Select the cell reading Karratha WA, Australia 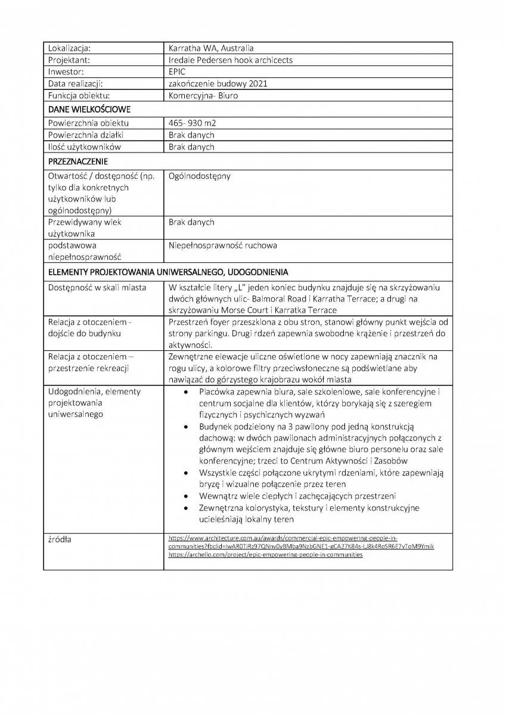[x=212, y=48]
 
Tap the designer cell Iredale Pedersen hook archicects [x=231, y=60]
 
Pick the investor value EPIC [x=177, y=71]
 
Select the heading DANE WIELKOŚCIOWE [x=89, y=110]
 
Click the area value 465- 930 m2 [x=193, y=123]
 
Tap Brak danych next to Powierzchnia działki [x=191, y=135]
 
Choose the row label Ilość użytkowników [x=85, y=147]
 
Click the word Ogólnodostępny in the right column [x=200, y=176]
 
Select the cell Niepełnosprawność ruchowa [x=223, y=245]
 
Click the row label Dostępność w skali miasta [x=97, y=288]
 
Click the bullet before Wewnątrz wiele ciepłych [x=187, y=496]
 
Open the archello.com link [x=265, y=554]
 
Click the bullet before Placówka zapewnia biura [x=187, y=393]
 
